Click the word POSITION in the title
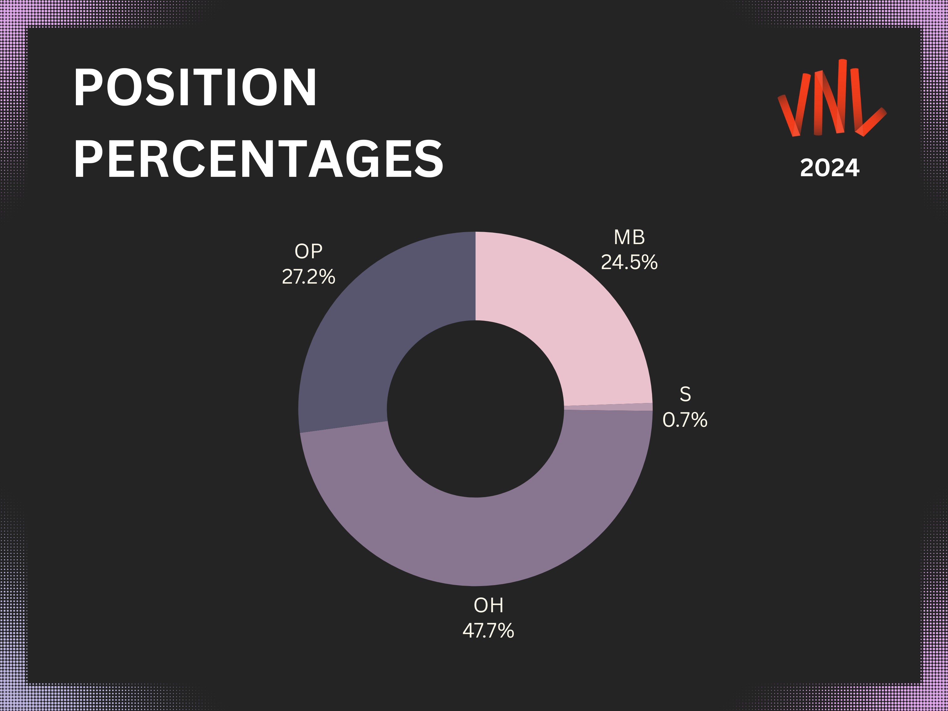coord(195,87)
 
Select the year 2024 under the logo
coord(830,167)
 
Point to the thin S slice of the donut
coord(609,407)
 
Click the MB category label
coord(629,237)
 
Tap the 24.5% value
coord(629,262)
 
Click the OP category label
coord(309,251)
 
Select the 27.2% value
coord(309,276)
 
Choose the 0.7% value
coord(685,420)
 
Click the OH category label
coord(489,605)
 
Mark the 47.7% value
coord(489,630)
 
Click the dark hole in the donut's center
coord(475,409)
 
